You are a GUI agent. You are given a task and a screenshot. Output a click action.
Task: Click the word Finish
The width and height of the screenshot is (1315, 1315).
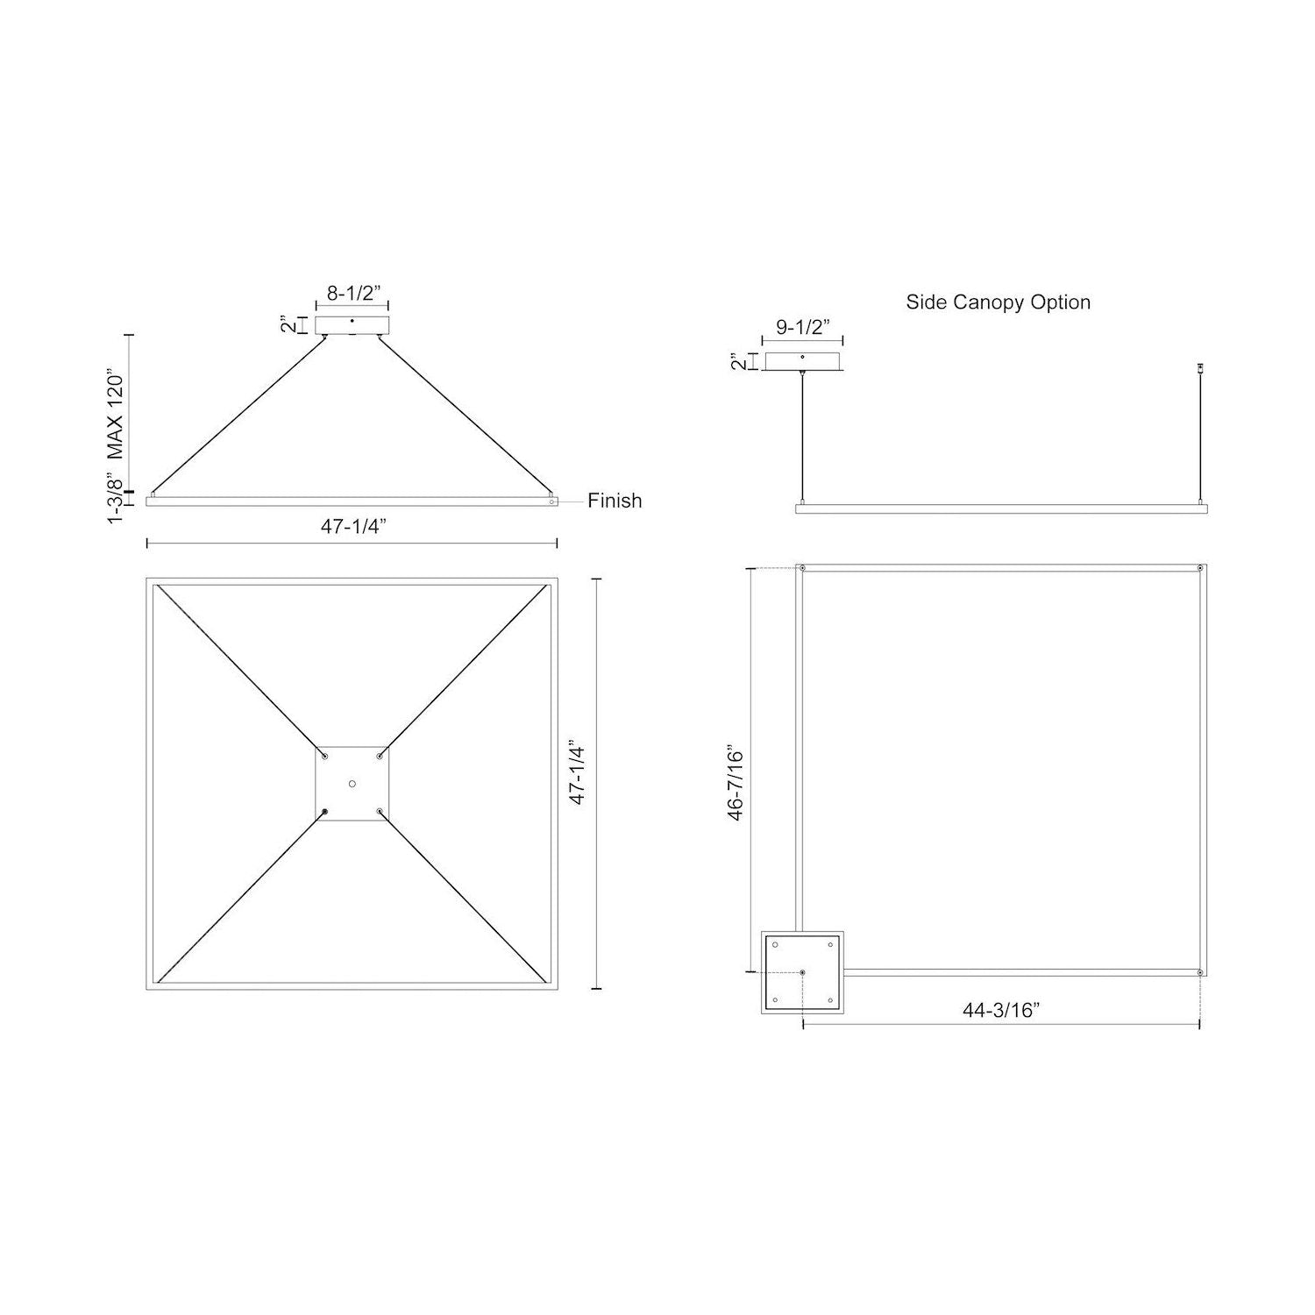(615, 501)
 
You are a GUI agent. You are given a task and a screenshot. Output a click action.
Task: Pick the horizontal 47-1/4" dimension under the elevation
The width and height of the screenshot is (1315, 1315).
(353, 527)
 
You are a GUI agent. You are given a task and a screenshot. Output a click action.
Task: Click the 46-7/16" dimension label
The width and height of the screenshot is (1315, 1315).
(735, 785)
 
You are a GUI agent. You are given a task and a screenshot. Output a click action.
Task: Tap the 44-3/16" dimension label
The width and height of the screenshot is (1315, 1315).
(1001, 1010)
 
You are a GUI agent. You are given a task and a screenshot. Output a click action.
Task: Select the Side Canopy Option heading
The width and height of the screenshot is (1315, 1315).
(999, 302)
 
